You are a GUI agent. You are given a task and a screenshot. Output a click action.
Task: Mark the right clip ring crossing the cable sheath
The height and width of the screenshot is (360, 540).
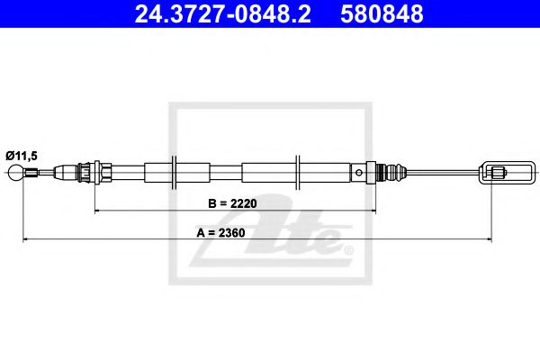(297, 171)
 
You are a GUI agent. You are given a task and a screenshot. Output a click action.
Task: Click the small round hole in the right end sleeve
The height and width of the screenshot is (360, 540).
(358, 171)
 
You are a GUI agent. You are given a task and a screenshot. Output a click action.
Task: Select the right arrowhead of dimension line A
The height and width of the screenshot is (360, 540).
(488, 240)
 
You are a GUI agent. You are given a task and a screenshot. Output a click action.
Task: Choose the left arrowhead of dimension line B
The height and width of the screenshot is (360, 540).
(97, 211)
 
